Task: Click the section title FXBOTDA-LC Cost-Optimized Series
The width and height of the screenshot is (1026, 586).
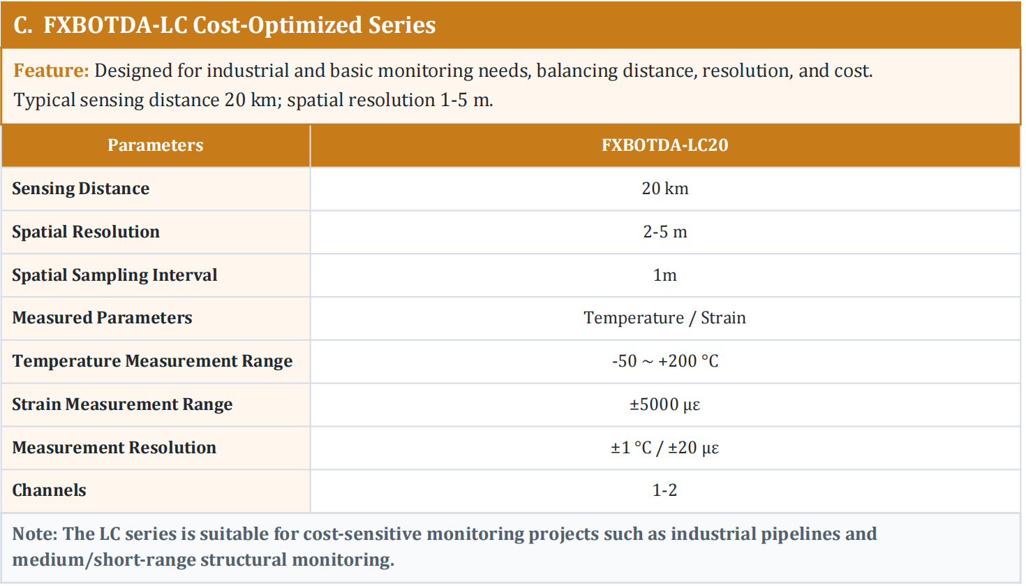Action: coord(225,25)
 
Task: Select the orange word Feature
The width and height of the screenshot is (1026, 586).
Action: coord(51,71)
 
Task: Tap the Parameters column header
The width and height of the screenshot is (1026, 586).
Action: coord(156,145)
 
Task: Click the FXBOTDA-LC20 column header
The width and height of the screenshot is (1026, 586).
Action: coord(664,145)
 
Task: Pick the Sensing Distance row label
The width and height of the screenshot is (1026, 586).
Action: coord(81,189)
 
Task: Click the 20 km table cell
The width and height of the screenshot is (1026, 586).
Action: coord(664,189)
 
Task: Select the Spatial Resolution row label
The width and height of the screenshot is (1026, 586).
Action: coord(86,232)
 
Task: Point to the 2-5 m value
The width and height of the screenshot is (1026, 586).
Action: coord(664,232)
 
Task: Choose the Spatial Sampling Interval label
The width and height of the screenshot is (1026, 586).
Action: coord(114,275)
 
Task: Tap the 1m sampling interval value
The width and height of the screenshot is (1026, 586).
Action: coord(664,275)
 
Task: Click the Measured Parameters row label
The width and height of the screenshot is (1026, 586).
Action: coord(102,318)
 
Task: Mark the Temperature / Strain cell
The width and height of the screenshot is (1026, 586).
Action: coord(664,318)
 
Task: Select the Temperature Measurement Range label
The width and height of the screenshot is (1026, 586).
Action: coord(152,361)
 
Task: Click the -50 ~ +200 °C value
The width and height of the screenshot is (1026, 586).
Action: coord(664,361)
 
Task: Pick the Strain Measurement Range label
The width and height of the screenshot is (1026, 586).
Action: coord(122,404)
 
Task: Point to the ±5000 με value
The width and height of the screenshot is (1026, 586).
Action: coord(664,404)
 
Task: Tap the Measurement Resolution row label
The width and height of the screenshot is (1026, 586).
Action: coord(114,448)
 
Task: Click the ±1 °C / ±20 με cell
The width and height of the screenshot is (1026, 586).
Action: coord(664,448)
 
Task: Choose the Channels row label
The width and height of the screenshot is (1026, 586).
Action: coord(49,490)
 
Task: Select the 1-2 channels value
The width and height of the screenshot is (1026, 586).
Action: coord(664,490)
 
